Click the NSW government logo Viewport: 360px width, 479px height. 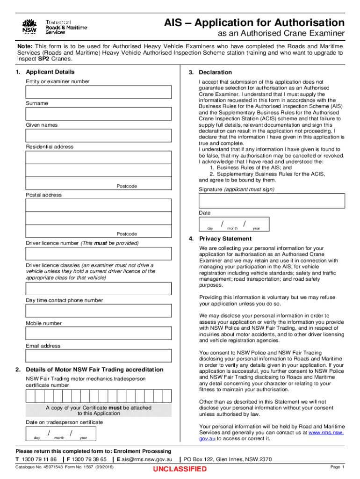pos(29,26)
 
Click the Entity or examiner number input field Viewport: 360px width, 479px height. pos(98,92)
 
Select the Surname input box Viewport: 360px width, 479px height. pos(98,114)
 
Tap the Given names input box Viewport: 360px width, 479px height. pos(98,136)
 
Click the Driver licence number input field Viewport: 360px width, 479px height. pos(98,254)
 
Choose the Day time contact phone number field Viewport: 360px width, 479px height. pos(98,311)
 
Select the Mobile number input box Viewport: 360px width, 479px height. pos(98,334)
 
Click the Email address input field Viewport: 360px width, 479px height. pos(98,356)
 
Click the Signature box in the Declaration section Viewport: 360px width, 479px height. pos(272,201)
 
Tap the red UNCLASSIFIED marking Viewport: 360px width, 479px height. pos(180,469)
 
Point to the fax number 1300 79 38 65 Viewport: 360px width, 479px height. pos(89,459)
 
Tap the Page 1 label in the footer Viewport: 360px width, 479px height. pos(337,467)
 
